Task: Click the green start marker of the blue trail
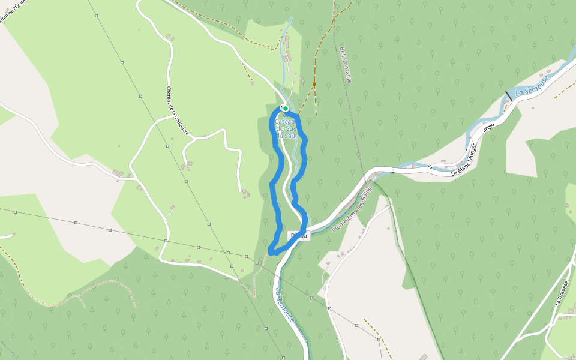click(x=286, y=109)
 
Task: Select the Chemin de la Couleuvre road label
click(x=178, y=110)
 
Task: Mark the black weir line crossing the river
click(x=509, y=95)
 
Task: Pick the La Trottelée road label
click(x=562, y=292)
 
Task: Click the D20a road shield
click(x=299, y=236)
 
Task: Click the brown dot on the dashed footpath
click(x=314, y=85)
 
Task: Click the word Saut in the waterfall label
click(x=291, y=136)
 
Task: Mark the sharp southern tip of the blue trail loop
click(x=271, y=252)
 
